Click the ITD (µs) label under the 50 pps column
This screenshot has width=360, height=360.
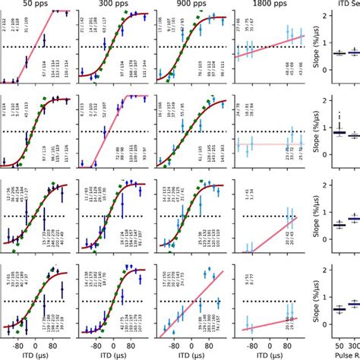click(x=38, y=354)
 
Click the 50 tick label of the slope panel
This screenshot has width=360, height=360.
click(x=335, y=343)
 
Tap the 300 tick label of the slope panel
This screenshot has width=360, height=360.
click(x=353, y=343)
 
